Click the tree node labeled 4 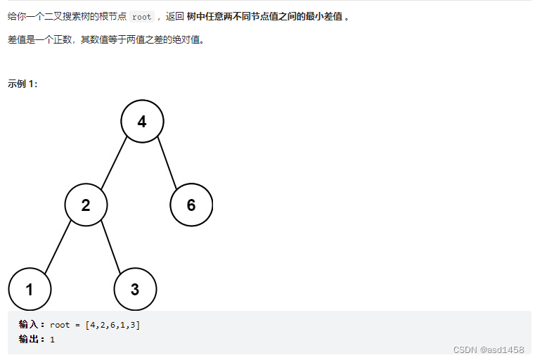(x=142, y=121)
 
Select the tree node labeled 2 (x=86, y=205)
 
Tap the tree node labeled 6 (x=191, y=205)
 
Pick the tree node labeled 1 (x=30, y=289)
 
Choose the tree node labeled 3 (x=135, y=289)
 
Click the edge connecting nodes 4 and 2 (x=114, y=163)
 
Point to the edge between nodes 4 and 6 (x=167, y=163)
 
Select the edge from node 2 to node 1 (x=58, y=247)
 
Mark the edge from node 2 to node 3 (x=110, y=247)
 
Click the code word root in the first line (x=141, y=17)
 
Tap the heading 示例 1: (x=22, y=84)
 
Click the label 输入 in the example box (x=30, y=324)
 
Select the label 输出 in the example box (x=30, y=339)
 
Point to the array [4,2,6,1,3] (x=112, y=325)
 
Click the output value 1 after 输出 (x=52, y=340)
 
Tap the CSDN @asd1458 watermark (x=489, y=349)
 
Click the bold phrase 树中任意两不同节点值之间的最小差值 (x=265, y=17)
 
